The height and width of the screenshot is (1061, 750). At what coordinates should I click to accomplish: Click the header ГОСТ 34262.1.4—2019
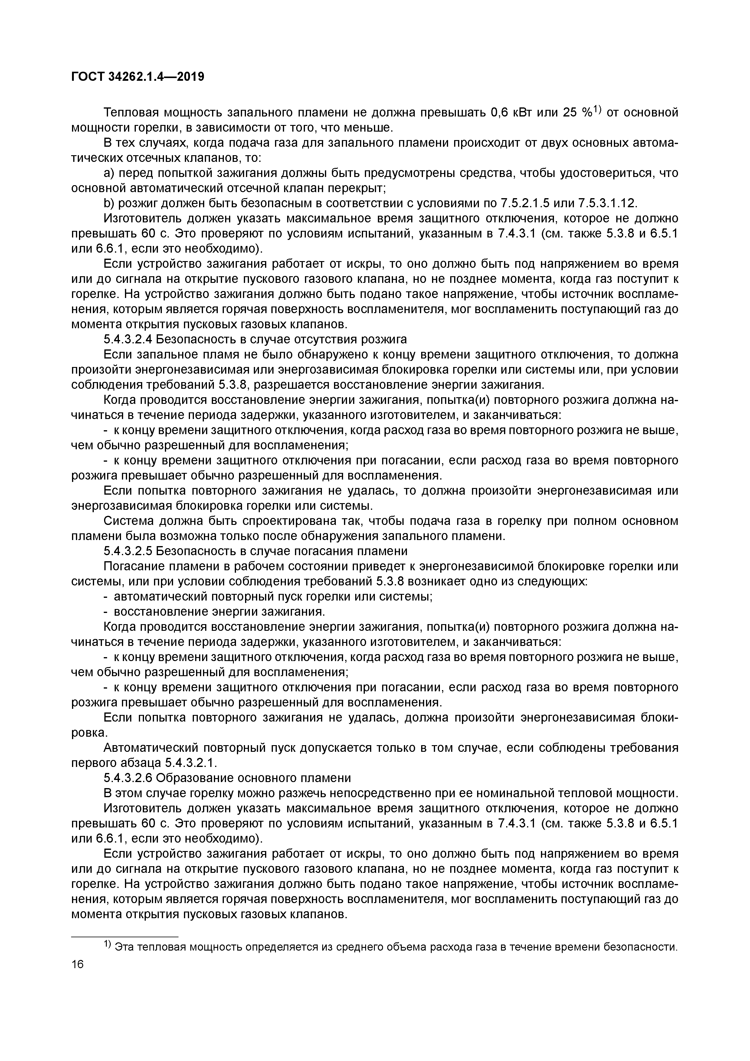pos(138,77)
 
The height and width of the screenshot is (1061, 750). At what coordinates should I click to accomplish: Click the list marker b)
pos(109,203)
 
